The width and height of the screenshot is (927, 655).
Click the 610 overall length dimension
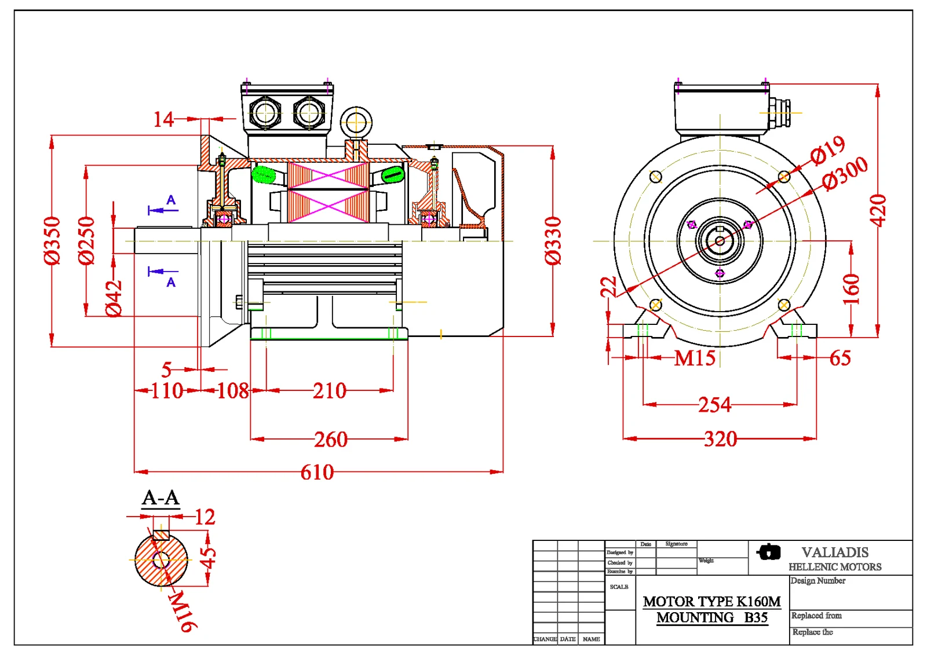[317, 473]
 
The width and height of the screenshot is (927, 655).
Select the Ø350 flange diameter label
[52, 240]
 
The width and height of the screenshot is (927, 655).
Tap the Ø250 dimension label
[86, 240]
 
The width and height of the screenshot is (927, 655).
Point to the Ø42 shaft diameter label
[114, 298]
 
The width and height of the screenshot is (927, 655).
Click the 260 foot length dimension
[330, 440]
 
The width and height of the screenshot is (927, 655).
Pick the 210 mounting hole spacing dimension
[329, 391]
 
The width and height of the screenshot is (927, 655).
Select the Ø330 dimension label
[553, 240]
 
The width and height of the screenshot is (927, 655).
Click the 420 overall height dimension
[878, 210]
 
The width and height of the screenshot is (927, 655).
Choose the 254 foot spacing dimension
[714, 405]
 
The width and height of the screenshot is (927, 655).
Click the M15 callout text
[695, 358]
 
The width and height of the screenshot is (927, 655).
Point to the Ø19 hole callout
[828, 150]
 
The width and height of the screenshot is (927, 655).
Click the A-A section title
[160, 497]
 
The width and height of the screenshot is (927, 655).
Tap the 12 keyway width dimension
[205, 517]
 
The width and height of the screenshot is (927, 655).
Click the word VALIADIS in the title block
[835, 552]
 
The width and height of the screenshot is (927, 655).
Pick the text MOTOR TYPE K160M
[711, 601]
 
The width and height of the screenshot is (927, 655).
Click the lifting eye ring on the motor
[356, 122]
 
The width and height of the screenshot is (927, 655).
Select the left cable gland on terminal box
[265, 112]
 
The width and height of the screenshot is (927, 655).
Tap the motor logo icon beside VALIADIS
[769, 552]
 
